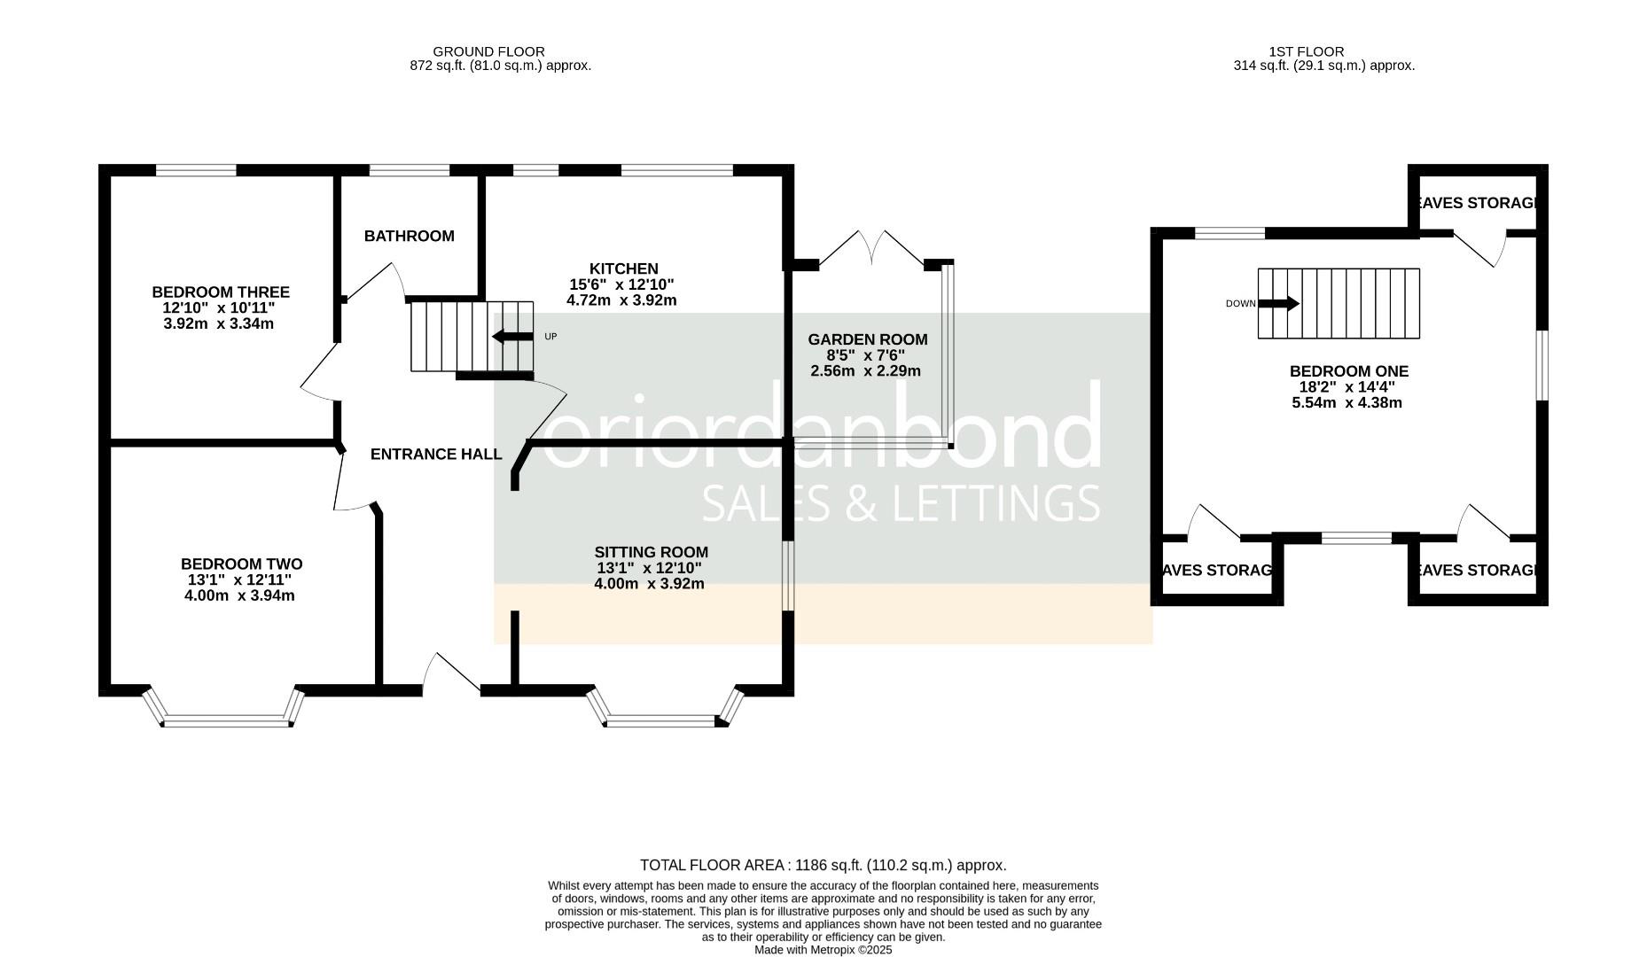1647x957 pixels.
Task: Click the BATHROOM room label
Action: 409,236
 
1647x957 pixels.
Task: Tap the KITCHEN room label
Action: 623,268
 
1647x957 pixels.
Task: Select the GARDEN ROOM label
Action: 867,339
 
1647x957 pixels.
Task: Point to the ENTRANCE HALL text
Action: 436,455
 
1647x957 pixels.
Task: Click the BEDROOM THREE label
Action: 220,292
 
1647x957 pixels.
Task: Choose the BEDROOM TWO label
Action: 241,564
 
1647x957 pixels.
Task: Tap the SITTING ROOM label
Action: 651,552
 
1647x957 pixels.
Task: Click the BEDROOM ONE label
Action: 1348,371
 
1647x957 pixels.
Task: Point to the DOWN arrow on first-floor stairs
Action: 1278,304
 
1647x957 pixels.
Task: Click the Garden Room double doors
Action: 872,248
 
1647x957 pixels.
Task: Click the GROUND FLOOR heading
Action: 488,51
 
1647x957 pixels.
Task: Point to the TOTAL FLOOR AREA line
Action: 823,865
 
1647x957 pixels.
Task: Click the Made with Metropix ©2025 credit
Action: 823,949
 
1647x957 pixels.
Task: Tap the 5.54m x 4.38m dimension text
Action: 1346,403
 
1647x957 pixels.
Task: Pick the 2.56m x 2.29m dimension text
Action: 865,371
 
